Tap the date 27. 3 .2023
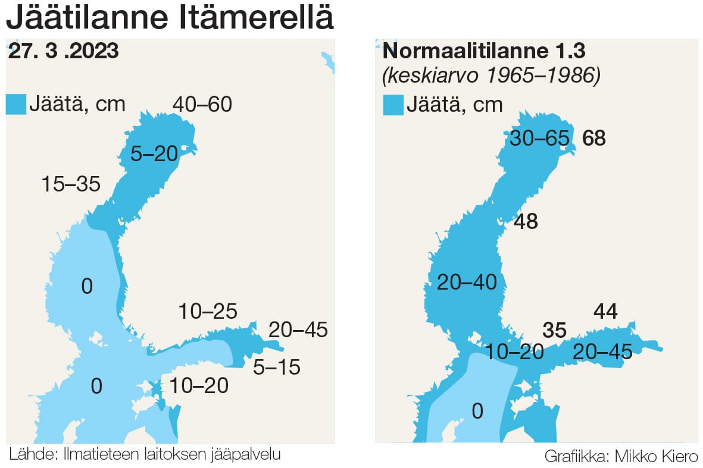[64, 51]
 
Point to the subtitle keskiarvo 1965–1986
[491, 76]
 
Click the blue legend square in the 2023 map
[15, 104]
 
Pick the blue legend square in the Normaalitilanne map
[393, 105]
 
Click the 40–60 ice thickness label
[202, 105]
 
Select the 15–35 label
[71, 184]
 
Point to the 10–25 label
[208, 310]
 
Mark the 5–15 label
[276, 367]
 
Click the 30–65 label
[539, 139]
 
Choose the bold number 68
[594, 139]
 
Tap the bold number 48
[526, 222]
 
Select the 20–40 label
[467, 282]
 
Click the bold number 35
[554, 331]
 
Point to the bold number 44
[605, 310]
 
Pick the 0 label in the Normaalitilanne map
[477, 411]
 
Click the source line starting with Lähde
[145, 455]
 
